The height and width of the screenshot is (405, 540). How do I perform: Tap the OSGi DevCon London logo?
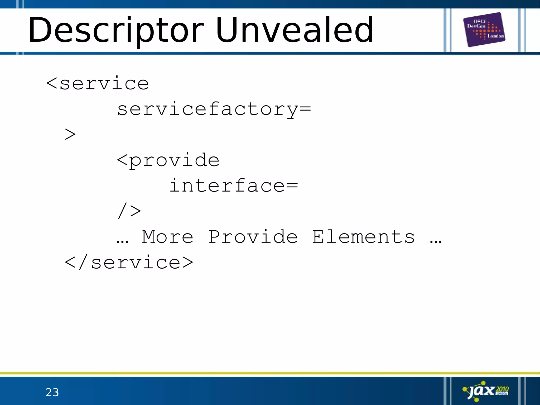484,29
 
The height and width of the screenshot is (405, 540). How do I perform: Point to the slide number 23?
52,392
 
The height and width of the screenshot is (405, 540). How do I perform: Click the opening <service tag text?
98,84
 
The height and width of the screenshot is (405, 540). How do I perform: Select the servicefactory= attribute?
214,109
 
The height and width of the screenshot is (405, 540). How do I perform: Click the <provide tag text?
168,160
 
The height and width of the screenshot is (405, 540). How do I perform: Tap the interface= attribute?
233,186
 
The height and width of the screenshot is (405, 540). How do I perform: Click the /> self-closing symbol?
129,211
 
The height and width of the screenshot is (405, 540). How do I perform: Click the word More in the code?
168,237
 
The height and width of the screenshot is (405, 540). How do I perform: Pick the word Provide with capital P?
253,237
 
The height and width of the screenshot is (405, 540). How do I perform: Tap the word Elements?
363,237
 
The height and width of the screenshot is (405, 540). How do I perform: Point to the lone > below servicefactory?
70,134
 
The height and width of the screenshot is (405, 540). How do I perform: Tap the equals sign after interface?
292,185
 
